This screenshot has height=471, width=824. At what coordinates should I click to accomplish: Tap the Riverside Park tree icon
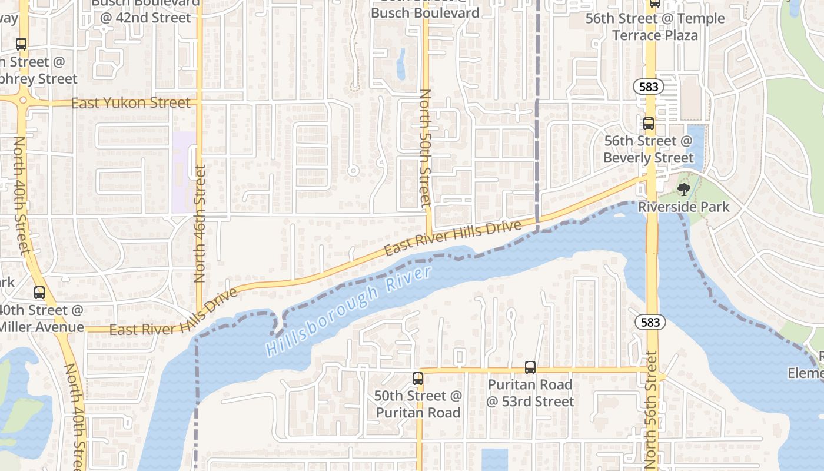683,189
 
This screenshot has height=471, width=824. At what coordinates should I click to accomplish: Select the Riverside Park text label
683,207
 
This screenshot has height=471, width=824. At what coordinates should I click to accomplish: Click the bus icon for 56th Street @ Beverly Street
648,124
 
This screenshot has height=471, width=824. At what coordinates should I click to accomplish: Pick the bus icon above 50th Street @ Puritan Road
418,379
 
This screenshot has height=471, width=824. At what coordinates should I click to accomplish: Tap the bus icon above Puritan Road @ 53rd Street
530,367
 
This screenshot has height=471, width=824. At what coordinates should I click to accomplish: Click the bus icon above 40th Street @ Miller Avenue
39,292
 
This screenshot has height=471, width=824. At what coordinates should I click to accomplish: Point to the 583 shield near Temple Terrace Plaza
649,87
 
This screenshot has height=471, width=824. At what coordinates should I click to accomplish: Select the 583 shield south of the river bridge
650,322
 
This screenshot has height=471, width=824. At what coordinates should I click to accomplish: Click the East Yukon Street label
131,104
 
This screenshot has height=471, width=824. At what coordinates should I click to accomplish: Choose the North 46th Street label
200,223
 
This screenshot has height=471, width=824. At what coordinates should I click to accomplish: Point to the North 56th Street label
651,409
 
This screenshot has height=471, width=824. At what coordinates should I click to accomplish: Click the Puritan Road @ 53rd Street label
530,393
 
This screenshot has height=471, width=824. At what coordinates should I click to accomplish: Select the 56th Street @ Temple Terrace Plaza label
655,26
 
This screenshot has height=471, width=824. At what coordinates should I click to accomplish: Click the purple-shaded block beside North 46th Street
183,171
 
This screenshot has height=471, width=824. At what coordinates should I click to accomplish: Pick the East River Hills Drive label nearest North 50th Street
453,238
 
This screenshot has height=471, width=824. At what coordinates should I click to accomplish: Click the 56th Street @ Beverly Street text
648,150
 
